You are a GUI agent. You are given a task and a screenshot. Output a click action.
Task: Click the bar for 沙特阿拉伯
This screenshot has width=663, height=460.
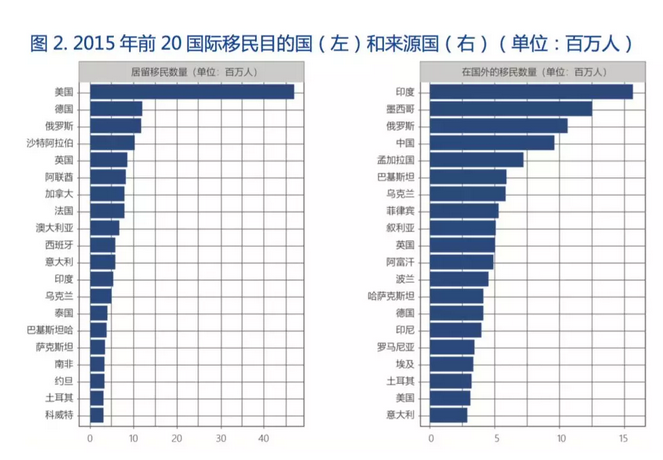112,142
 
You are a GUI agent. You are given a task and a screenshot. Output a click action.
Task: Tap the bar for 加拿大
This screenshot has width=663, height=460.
107,193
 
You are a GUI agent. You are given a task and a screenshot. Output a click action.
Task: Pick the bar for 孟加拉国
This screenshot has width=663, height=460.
477,159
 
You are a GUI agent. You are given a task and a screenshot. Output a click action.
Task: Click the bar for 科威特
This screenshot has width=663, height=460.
96,414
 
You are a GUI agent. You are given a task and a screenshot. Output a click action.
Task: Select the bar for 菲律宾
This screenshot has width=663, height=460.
464,210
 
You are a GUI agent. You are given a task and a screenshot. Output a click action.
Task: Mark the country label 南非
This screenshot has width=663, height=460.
64,363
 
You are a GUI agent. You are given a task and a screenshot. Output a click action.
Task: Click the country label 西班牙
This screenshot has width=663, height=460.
59,244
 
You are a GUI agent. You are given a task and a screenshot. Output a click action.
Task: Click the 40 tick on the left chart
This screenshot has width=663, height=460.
264,438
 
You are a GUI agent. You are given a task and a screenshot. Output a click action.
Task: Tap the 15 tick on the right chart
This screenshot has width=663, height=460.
624,438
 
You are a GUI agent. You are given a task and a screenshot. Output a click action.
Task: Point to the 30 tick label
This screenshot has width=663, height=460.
220,438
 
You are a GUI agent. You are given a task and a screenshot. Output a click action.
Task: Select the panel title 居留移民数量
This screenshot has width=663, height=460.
191,72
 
